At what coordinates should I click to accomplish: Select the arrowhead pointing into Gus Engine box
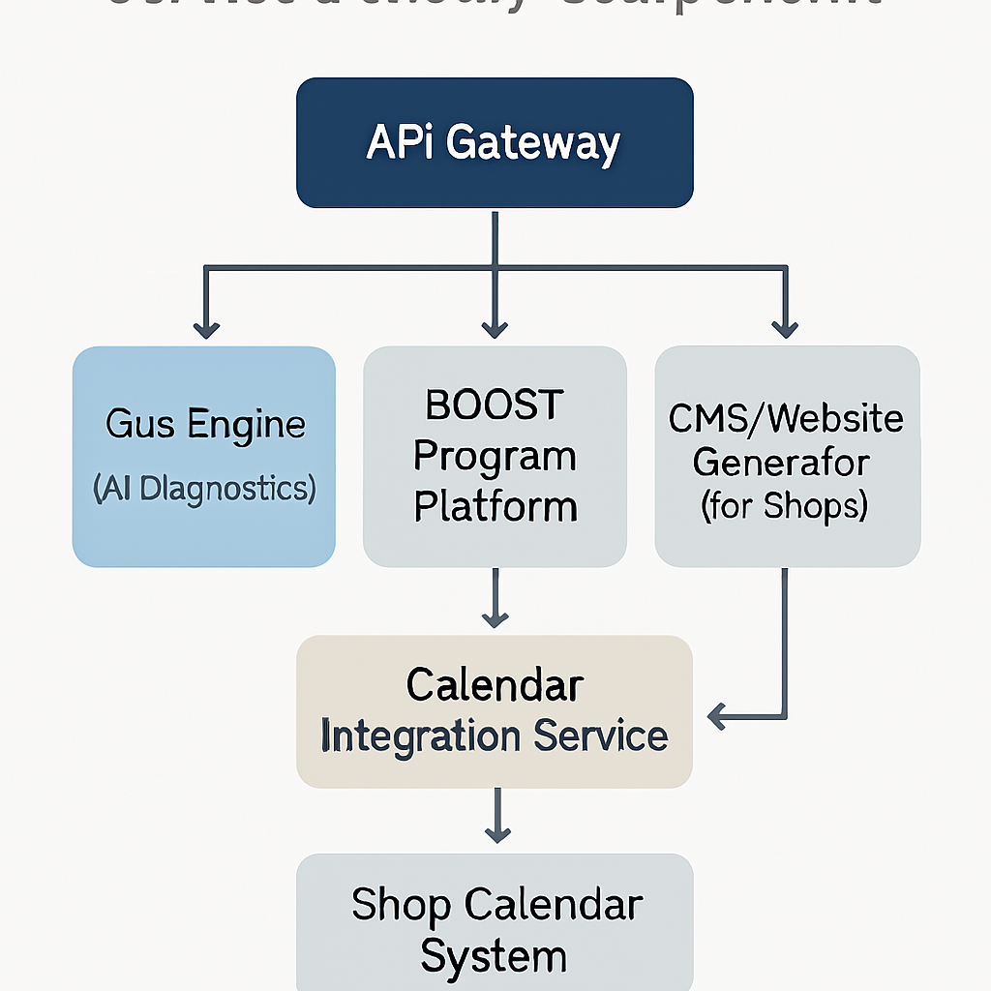205,329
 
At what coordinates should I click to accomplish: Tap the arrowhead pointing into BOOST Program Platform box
495,329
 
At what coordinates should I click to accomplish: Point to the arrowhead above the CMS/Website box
785,329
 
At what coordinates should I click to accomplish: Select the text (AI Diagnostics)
204,489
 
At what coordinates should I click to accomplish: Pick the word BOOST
495,405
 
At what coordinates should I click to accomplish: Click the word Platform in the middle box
495,506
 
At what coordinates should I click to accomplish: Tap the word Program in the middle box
495,457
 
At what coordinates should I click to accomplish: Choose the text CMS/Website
785,419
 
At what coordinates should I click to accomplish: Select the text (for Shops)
785,506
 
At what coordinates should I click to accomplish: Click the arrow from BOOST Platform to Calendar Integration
495,600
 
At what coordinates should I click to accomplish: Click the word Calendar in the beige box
495,685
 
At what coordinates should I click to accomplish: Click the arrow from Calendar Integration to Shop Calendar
496,818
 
